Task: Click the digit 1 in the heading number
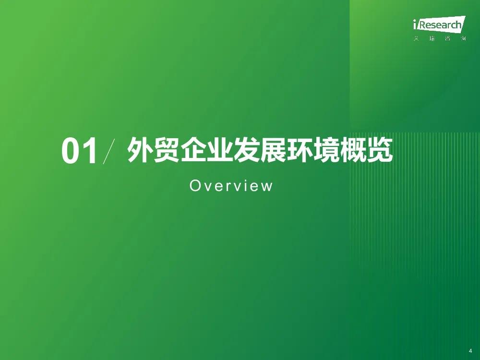(x=90, y=151)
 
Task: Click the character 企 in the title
(x=193, y=150)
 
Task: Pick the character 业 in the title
(x=219, y=150)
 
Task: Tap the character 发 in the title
(x=246, y=150)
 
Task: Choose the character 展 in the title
(x=273, y=150)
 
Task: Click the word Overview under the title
(x=231, y=186)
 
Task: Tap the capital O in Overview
(x=195, y=186)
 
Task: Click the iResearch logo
(x=439, y=24)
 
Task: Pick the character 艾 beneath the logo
(x=416, y=38)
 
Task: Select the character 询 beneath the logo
(x=464, y=38)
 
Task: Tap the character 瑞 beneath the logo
(x=432, y=38)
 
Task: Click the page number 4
(x=470, y=350)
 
